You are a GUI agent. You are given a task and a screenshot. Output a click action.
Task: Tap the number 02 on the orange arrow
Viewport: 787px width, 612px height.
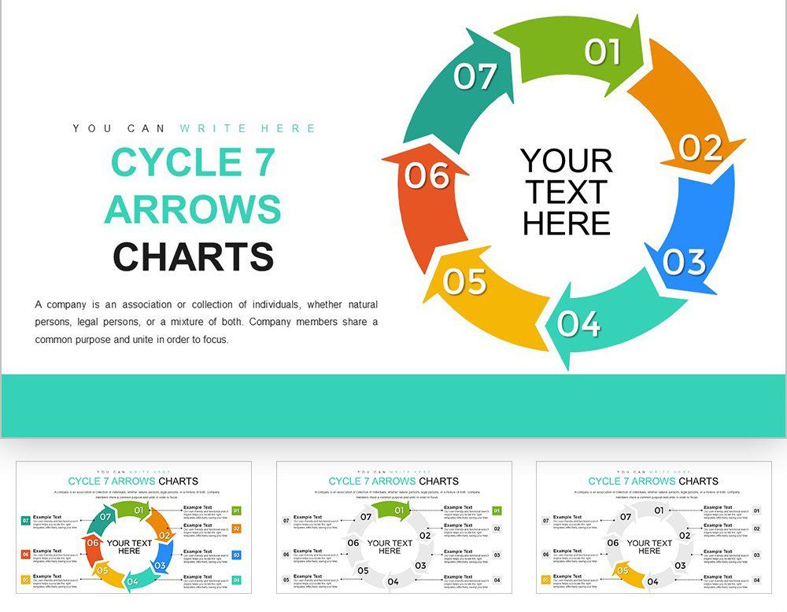pyautogui.click(x=700, y=148)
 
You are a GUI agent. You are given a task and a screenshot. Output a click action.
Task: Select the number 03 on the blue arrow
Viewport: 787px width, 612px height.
pyautogui.click(x=683, y=262)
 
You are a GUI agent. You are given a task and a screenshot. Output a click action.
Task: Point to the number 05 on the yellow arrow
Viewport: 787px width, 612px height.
pyautogui.click(x=464, y=281)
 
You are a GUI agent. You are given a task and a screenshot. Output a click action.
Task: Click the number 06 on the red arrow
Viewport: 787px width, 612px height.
pyautogui.click(x=427, y=175)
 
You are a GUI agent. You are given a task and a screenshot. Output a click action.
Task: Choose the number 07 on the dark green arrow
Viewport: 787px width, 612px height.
pyautogui.click(x=475, y=76)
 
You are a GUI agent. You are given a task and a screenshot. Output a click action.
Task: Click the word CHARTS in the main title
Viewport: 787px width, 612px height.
pyautogui.click(x=193, y=257)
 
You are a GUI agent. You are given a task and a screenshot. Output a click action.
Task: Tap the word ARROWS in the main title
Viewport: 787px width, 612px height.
pyautogui.click(x=193, y=210)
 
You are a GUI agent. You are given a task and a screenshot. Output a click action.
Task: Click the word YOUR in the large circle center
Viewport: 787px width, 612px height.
pyautogui.click(x=567, y=161)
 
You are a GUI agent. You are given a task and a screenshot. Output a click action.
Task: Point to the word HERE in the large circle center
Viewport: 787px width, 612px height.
pyautogui.click(x=567, y=223)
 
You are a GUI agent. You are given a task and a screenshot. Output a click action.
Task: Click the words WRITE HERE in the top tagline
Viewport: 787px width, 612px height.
pyautogui.click(x=248, y=128)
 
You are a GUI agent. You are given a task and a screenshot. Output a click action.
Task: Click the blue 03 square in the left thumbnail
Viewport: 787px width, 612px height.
pyautogui.click(x=237, y=555)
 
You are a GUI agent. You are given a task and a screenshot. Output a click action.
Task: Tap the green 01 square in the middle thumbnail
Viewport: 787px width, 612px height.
pyautogui.click(x=497, y=511)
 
